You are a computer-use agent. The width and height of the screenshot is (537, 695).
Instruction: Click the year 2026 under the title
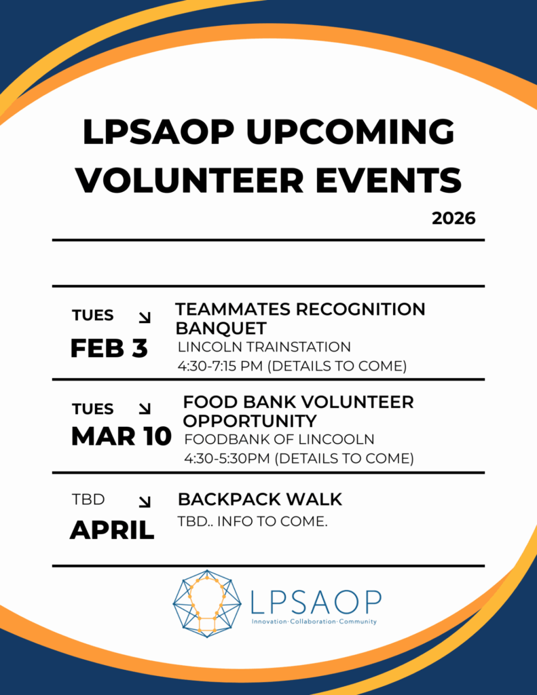pyautogui.click(x=453, y=218)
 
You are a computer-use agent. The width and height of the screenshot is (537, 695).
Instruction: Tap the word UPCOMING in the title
pyautogui.click(x=351, y=133)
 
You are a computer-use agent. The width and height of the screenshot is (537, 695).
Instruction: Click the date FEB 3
pyautogui.click(x=109, y=348)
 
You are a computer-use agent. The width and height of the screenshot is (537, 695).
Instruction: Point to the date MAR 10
pyautogui.click(x=121, y=436)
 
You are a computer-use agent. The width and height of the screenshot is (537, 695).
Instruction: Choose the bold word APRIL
pyautogui.click(x=112, y=529)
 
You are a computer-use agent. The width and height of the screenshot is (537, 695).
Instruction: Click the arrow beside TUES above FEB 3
pyautogui.click(x=145, y=318)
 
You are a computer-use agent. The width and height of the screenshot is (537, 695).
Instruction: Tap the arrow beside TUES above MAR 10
pyautogui.click(x=145, y=409)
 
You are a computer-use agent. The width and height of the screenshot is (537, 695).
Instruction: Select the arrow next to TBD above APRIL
pyautogui.click(x=145, y=502)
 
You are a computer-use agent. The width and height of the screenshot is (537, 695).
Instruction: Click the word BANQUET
pyautogui.click(x=221, y=328)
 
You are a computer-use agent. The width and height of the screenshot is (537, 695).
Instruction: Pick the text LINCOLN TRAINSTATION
pyautogui.click(x=264, y=347)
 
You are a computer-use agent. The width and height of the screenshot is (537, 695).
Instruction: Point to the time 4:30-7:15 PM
pyautogui.click(x=221, y=366)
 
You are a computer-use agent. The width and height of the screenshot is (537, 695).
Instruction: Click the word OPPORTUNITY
pyautogui.click(x=250, y=421)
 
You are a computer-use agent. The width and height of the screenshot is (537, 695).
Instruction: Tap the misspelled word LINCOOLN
pyautogui.click(x=336, y=439)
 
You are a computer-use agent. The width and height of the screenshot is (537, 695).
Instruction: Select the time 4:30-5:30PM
pyautogui.click(x=227, y=458)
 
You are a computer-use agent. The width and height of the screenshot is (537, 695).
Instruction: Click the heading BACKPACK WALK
pyautogui.click(x=260, y=500)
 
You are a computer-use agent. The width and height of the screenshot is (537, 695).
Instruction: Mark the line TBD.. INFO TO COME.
pyautogui.click(x=253, y=521)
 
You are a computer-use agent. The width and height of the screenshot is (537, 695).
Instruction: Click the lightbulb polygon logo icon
pyautogui.click(x=207, y=603)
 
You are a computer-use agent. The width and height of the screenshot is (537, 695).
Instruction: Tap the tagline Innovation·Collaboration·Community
pyautogui.click(x=314, y=622)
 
